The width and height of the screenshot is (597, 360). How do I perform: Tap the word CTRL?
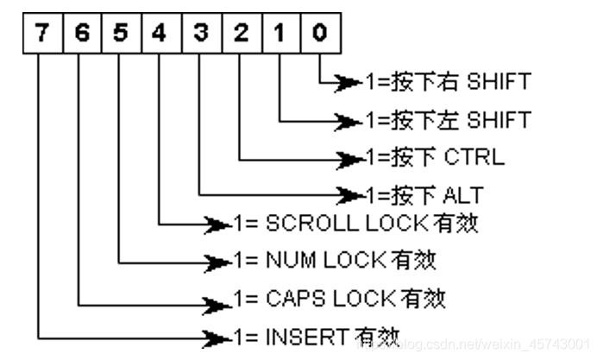pos(475,158)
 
